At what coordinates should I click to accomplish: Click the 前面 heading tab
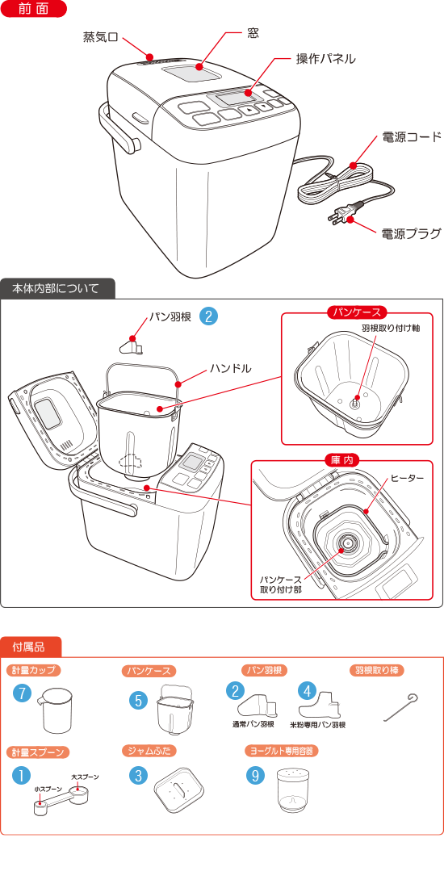34,10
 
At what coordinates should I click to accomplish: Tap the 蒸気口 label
100,37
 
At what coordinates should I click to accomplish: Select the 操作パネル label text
325,59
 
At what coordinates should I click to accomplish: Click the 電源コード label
411,138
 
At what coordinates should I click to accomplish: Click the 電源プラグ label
411,234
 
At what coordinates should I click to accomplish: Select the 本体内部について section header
57,288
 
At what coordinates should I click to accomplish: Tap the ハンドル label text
231,367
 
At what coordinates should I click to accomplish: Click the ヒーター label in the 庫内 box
407,479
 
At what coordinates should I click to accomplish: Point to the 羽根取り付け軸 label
390,329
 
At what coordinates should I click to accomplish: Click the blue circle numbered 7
23,693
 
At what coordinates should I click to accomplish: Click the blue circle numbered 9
256,775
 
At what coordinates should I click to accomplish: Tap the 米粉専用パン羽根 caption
317,725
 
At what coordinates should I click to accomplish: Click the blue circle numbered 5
140,700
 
